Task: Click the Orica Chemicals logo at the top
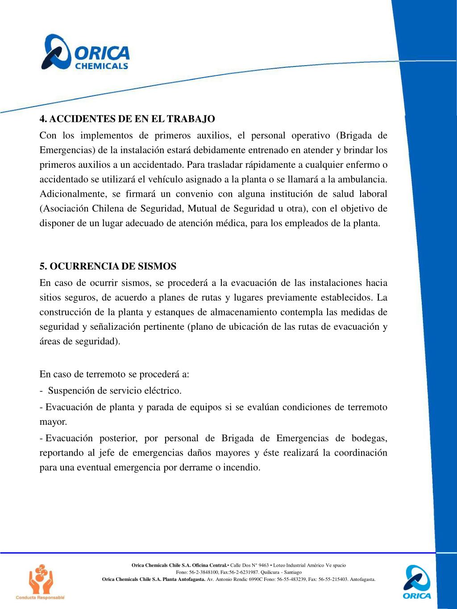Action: (x=85, y=53)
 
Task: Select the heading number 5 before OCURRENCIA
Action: (x=43, y=266)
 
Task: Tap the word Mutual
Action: (x=203, y=209)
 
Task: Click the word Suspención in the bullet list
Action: (x=71, y=391)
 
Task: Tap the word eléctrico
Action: (x=164, y=391)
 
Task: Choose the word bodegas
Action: (x=368, y=438)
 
